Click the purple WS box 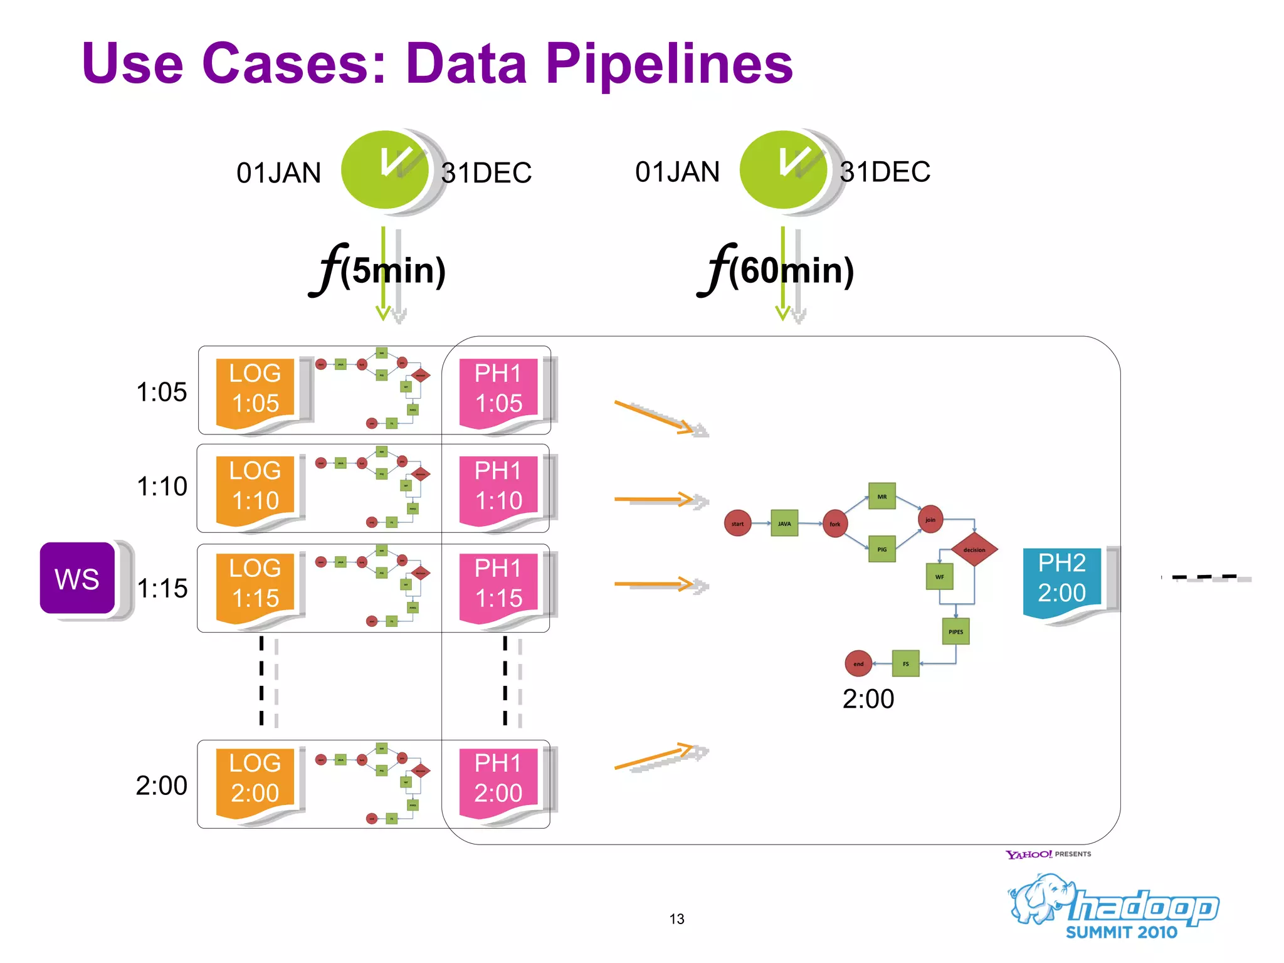(78, 578)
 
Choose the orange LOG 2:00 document (255, 780)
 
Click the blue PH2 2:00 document (1061, 579)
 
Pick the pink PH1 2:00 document (498, 780)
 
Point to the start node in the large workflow (737, 524)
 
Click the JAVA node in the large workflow (784, 524)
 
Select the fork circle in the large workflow (834, 524)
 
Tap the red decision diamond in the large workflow (974, 549)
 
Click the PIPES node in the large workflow (955, 631)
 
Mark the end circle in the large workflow (858, 664)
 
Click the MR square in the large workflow (881, 497)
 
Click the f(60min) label (777, 270)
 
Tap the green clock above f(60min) (783, 170)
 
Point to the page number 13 (676, 919)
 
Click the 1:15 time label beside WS (162, 588)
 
